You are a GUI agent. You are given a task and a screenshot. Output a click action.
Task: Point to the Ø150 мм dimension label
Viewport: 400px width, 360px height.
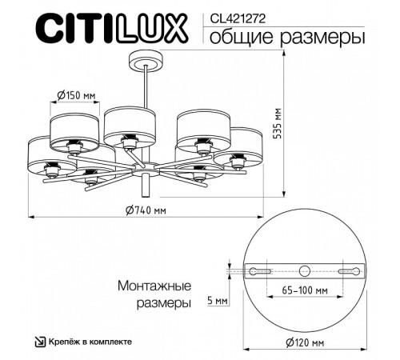point(77,96)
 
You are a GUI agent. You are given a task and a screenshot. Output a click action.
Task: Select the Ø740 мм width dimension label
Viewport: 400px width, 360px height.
point(146,210)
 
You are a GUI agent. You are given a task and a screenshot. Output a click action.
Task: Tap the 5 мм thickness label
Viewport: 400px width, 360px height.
point(217,300)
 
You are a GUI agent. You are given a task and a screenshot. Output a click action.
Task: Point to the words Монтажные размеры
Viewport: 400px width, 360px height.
point(153,294)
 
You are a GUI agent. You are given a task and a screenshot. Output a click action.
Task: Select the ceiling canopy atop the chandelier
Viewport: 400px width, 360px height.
point(145,62)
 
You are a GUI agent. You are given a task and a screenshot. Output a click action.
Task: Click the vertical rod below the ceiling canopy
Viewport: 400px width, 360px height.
point(145,88)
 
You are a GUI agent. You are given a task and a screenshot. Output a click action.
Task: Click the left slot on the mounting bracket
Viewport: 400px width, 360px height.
point(260,271)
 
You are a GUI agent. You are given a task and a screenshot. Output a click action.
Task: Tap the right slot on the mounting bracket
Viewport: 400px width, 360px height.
point(350,271)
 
